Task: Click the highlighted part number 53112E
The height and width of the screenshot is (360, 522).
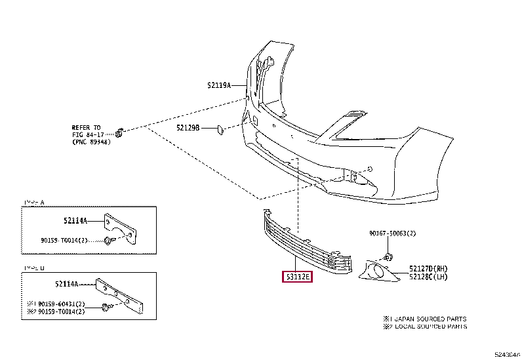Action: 297,277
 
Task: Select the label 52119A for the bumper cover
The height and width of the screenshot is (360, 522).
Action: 220,85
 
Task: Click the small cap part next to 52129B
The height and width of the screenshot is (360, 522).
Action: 221,129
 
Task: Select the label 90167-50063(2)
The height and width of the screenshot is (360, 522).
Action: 392,233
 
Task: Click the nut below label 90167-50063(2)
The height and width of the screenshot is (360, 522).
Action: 388,255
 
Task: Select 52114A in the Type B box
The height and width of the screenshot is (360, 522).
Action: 68,284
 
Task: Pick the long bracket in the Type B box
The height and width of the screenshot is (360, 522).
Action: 122,296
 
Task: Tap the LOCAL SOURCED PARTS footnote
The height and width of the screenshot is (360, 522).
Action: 429,326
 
